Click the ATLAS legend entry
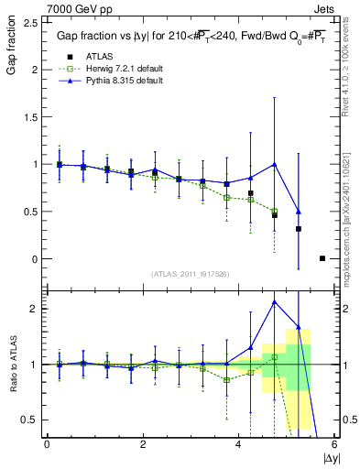tap(100, 58)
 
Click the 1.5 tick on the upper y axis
tap(32, 117)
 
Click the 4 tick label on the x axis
tap(239, 444)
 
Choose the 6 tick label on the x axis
tap(334, 444)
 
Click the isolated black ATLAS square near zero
tap(322, 258)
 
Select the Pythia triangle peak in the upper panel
tap(274, 165)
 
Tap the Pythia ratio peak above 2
tap(274, 301)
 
